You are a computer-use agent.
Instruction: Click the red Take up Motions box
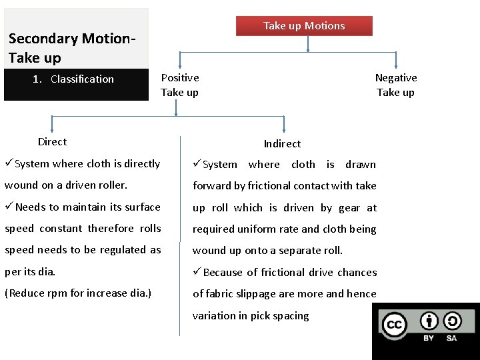(x=304, y=26)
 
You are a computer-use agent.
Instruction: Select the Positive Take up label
(x=179, y=85)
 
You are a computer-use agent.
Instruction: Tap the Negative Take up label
(x=395, y=85)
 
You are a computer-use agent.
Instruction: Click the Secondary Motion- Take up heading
(x=72, y=48)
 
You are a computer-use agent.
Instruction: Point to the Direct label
(x=52, y=141)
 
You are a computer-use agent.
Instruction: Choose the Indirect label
(x=282, y=143)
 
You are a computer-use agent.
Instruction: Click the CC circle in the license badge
(x=393, y=325)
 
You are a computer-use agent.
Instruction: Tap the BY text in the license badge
(x=429, y=338)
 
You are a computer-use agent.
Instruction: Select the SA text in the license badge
(x=451, y=338)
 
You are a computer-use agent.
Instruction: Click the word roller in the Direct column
(x=112, y=185)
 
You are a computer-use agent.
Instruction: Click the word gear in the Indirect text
(x=349, y=207)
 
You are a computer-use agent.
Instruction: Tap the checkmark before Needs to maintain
(x=9, y=206)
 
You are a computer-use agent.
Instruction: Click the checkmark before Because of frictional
(x=197, y=271)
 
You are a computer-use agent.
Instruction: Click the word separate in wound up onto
(x=292, y=250)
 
